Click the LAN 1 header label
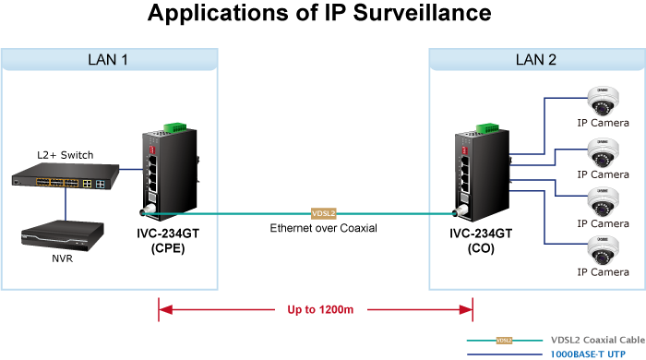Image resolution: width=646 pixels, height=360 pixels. click(108, 60)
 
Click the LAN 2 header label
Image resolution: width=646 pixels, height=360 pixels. click(536, 60)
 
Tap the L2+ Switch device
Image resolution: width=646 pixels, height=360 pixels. click(66, 176)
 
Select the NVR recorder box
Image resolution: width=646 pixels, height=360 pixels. click(62, 235)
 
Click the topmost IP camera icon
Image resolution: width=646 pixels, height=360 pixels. click(603, 101)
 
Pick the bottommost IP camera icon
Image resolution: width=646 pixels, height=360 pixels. click(603, 250)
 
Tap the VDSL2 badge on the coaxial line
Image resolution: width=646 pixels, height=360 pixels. click(323, 213)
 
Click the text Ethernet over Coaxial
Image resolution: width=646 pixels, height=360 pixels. click(323, 228)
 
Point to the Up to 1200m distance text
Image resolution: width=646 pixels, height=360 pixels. click(320, 310)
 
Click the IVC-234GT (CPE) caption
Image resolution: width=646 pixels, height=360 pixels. click(168, 241)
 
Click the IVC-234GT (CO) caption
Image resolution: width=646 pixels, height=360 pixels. click(481, 241)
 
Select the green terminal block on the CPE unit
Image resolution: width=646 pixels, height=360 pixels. click(175, 127)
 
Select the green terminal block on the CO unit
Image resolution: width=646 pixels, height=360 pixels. click(487, 128)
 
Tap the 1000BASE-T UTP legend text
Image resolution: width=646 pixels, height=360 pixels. click(588, 354)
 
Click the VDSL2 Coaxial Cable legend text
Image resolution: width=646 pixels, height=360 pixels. click(598, 340)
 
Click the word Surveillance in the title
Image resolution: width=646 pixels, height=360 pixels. click(423, 13)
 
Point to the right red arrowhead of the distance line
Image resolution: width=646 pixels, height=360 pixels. click(466, 310)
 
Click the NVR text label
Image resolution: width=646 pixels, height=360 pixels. click(62, 258)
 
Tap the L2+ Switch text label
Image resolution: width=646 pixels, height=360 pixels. click(66, 155)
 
